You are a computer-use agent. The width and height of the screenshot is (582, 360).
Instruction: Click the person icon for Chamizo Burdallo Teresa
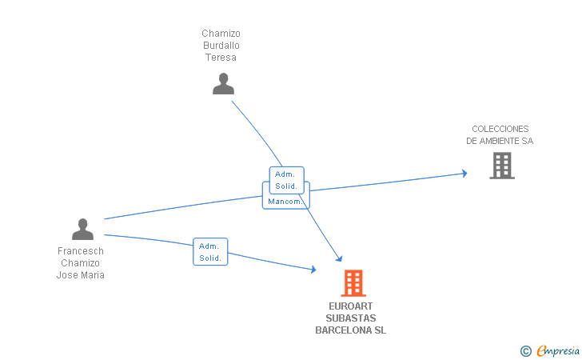pos(223,84)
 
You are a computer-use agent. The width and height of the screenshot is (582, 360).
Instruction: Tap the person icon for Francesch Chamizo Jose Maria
pos(82,230)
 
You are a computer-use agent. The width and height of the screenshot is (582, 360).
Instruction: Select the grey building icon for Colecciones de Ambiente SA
pos(501,165)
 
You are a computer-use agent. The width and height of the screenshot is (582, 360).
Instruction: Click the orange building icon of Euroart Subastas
pos(353,283)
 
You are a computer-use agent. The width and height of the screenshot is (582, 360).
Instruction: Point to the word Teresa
pos(221,58)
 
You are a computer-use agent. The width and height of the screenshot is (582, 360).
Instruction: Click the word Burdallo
pos(221,46)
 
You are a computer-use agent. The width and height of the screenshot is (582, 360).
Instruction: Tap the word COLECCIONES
pos(500,129)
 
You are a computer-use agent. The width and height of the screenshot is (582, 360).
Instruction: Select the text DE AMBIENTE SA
pos(500,141)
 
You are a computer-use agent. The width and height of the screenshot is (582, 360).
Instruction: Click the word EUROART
pos(350,306)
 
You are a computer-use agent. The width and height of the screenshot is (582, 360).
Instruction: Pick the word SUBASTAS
pos(350,318)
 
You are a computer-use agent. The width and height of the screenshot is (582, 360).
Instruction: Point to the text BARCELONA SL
pos(350,330)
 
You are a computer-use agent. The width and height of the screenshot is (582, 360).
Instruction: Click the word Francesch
pos(81,251)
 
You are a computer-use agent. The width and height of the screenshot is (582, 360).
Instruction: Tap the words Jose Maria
pos(81,275)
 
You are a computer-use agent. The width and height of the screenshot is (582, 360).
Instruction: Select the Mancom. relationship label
pos(285,201)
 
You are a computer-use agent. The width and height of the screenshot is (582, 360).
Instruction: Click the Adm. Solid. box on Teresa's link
pos(286,180)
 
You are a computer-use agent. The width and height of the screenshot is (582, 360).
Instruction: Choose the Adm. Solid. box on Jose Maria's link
pos(210,252)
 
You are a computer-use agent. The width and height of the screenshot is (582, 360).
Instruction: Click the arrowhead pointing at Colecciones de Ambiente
pos(464,173)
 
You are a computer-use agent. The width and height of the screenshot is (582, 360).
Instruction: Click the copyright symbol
pos(525,350)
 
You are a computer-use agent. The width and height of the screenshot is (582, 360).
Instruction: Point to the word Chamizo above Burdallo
pos(221,34)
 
